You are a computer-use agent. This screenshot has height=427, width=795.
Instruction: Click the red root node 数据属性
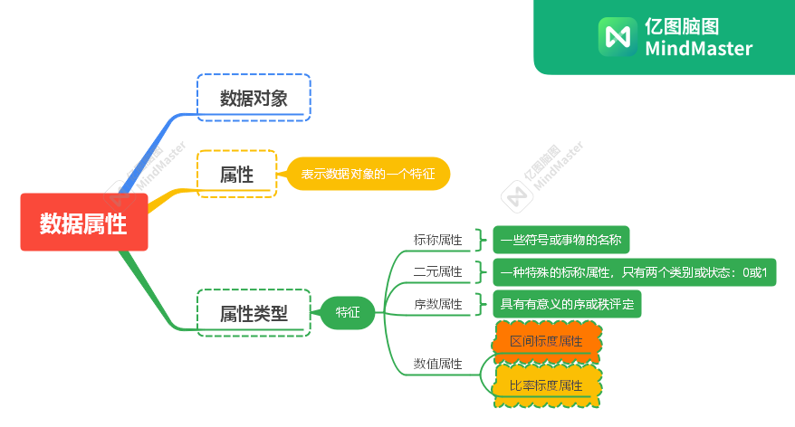pos(83,223)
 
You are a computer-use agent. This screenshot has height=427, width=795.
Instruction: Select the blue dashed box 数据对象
pos(254,98)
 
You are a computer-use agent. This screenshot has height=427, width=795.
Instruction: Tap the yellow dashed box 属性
pos(236,174)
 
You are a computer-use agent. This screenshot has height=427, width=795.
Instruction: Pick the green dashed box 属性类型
pos(254,313)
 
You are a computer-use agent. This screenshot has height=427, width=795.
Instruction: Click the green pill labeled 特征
pos(348,312)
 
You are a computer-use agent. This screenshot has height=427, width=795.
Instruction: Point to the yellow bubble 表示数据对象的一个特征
pos(368,174)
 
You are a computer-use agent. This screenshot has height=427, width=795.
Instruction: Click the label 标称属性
pos(437,240)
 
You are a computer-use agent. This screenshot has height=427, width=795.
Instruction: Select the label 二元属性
pos(437,271)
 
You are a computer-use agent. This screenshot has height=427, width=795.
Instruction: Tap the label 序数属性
pos(437,303)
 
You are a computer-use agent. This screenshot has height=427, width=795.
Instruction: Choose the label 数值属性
pos(437,364)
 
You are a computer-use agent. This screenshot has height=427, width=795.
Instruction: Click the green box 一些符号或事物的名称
pos(561,240)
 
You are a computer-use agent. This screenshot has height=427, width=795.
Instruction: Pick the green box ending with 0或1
pos(634,271)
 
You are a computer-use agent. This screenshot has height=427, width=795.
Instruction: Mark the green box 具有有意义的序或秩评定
pos(567,303)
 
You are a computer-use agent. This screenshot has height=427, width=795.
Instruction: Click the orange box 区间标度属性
pos(546,342)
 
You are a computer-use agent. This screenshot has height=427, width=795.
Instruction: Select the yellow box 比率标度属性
pos(546,385)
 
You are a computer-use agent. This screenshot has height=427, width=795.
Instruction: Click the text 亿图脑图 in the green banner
pos(682,26)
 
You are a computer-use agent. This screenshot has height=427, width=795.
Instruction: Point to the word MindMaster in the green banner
pos(698,49)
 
